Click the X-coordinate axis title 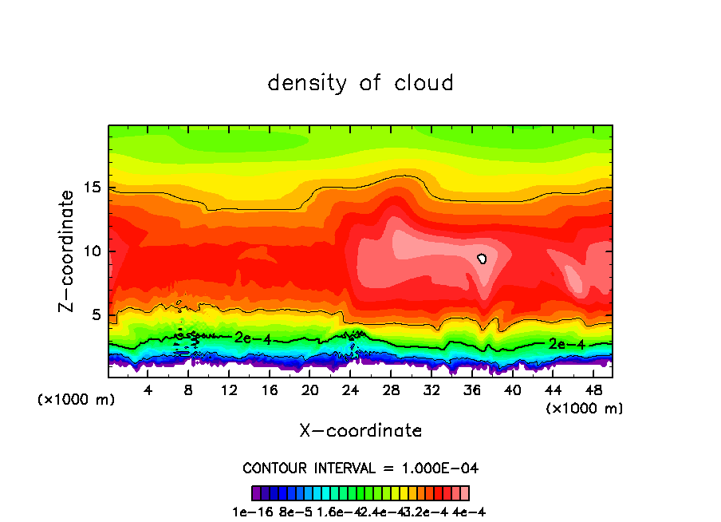(x=360, y=431)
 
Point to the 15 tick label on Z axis (x=94, y=188)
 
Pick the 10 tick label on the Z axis (x=94, y=251)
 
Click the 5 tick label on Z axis (x=98, y=314)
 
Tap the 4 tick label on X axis (x=148, y=390)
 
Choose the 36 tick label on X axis (x=471, y=390)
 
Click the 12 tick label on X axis (x=229, y=390)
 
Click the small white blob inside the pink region (x=482, y=259)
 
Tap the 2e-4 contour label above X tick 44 (x=562, y=344)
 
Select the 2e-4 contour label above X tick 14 (x=253, y=338)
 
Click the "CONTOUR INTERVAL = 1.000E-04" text (x=360, y=468)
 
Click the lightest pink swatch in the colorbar (x=464, y=493)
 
